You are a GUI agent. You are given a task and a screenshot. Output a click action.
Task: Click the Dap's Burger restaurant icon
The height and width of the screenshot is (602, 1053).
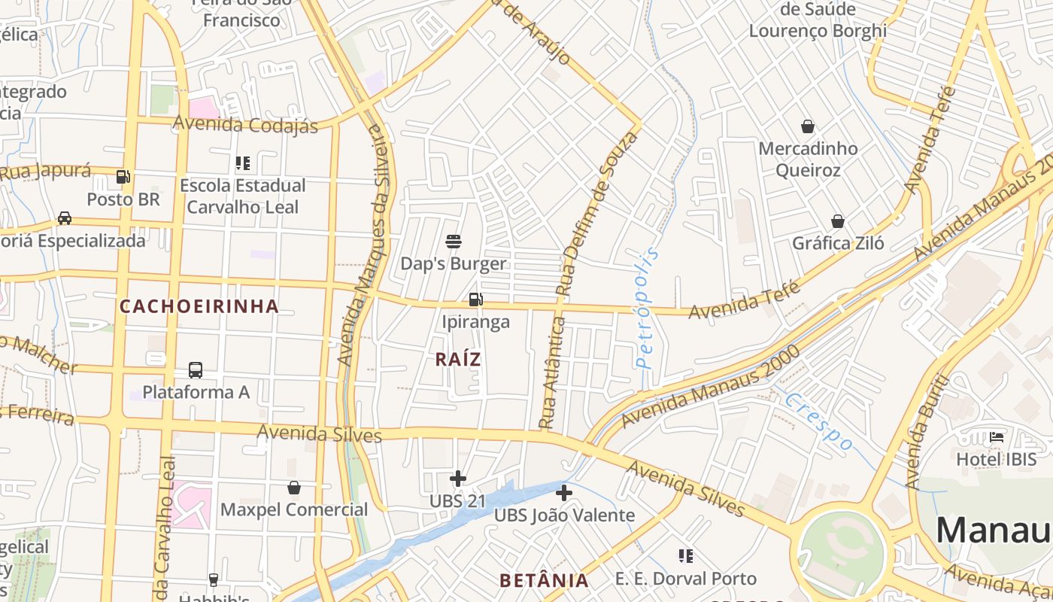(x=454, y=242)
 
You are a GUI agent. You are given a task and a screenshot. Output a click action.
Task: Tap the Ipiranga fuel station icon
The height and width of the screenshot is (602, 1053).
(x=475, y=299)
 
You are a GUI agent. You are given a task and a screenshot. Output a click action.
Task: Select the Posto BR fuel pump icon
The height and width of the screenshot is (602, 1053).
(x=123, y=178)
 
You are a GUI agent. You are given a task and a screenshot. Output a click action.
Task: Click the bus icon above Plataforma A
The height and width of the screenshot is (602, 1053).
(x=196, y=370)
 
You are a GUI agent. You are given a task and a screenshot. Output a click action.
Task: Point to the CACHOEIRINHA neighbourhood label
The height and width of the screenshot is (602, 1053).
(x=199, y=306)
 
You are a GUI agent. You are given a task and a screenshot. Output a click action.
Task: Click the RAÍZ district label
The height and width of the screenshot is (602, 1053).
(x=458, y=360)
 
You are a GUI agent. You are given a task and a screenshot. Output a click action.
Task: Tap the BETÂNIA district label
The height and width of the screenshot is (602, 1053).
(x=545, y=580)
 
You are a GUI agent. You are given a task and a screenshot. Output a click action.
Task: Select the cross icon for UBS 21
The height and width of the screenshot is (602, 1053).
(x=457, y=479)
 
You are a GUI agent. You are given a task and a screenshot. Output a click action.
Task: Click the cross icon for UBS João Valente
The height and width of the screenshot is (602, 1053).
(x=564, y=493)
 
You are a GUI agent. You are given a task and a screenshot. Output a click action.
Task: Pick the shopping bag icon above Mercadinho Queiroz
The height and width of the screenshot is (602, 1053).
(x=808, y=126)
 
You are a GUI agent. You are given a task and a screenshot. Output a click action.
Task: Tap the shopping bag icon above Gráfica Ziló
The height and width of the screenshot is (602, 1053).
(x=838, y=221)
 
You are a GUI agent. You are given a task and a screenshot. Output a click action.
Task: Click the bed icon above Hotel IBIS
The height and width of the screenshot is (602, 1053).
(x=997, y=436)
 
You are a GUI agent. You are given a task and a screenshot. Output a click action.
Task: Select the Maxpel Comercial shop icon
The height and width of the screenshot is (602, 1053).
(x=294, y=488)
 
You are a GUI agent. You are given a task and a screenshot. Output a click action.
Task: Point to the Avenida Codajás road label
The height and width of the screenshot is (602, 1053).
(x=246, y=124)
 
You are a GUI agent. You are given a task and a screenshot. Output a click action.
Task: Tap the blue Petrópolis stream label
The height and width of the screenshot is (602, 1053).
(x=646, y=309)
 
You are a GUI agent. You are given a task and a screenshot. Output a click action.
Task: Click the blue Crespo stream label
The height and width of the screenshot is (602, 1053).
(x=819, y=421)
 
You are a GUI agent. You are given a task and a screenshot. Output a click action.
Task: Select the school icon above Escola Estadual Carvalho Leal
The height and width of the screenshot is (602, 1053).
(x=242, y=163)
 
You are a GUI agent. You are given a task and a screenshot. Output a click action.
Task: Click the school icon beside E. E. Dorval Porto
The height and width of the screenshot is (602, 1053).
(x=685, y=556)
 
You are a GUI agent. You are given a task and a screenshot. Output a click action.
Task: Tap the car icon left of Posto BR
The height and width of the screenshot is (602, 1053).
(x=65, y=218)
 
